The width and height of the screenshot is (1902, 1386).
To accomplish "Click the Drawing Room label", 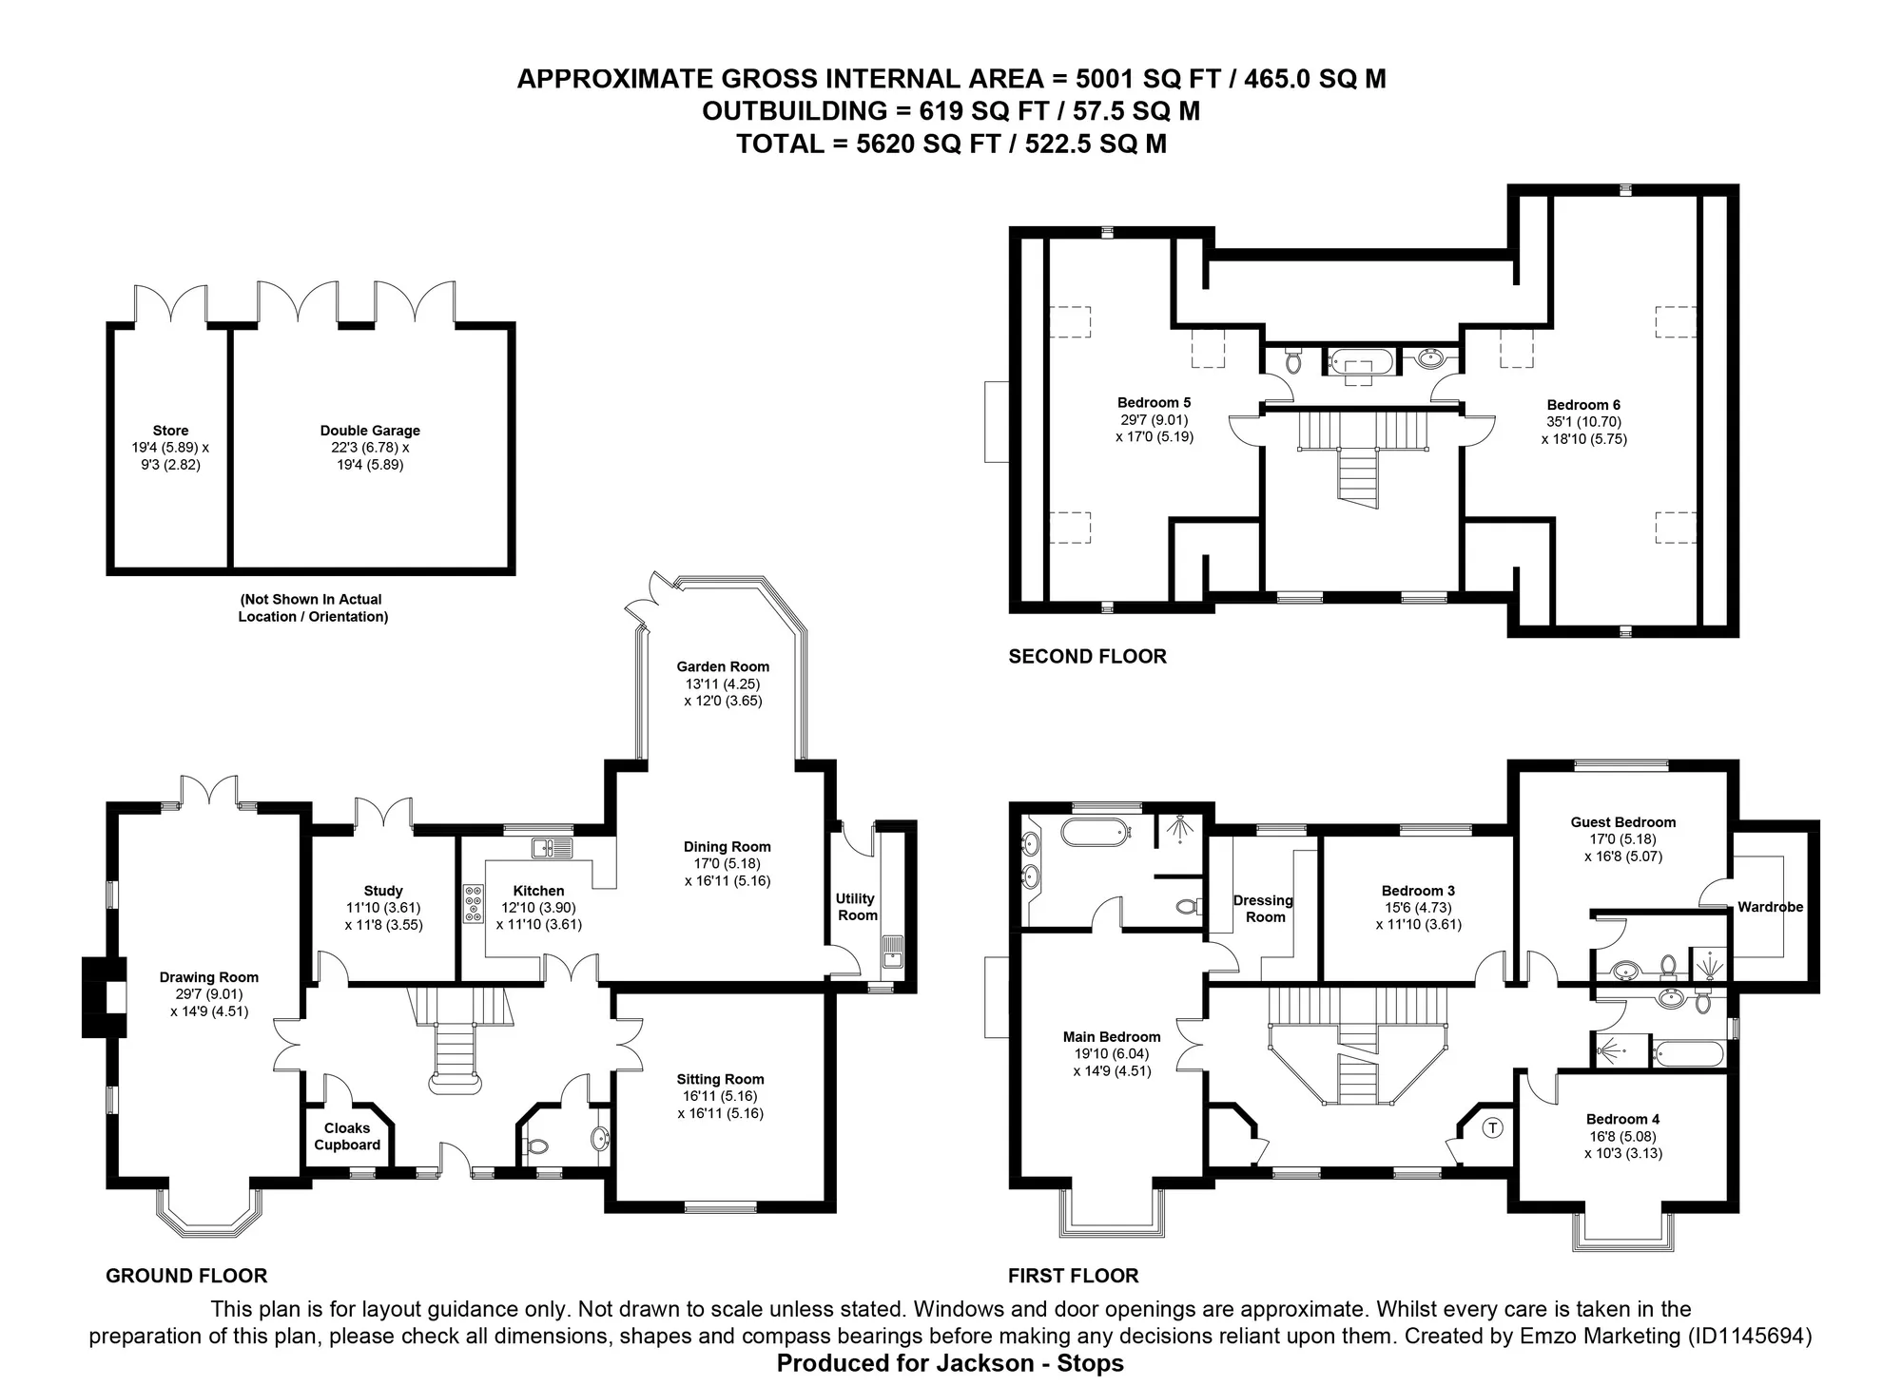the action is (x=209, y=977).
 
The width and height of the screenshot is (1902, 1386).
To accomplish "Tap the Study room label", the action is (x=383, y=891).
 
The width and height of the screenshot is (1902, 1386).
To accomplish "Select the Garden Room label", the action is (x=723, y=666).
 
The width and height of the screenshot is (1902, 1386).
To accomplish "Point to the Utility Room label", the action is (x=856, y=907).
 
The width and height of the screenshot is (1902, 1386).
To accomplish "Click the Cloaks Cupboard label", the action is (x=347, y=1136).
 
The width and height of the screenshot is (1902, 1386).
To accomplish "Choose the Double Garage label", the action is (x=370, y=431).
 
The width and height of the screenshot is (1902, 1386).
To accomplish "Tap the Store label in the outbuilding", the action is (x=171, y=431).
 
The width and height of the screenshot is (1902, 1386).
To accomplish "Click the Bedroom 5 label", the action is (x=1155, y=403).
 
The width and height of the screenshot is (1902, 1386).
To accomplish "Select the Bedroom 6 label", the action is (x=1583, y=405).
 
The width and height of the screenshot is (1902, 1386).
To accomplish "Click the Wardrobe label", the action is (x=1771, y=907).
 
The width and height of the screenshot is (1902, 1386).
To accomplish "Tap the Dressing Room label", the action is (x=1264, y=909).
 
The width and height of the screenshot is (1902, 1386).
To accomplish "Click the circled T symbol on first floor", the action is (x=1493, y=1128).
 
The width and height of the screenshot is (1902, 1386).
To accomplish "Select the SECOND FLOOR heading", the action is (x=1088, y=656).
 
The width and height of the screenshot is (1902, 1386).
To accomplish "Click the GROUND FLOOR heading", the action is (x=186, y=1276).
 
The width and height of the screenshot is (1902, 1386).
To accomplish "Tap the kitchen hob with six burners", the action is (x=474, y=903).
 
